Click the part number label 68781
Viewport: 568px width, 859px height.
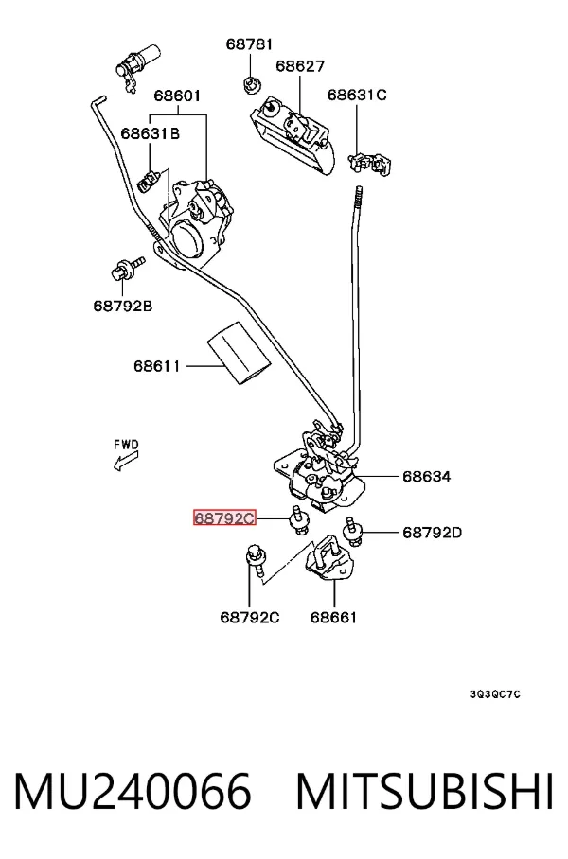[x=249, y=44]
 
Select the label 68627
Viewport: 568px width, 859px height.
[x=300, y=65]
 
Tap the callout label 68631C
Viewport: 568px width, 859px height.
[x=356, y=95]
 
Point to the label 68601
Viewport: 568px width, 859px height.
[x=177, y=96]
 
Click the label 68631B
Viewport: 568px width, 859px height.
[x=151, y=133]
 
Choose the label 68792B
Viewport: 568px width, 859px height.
[x=123, y=306]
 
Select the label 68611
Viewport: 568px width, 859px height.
[x=157, y=365]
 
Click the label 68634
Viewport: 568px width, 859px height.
[x=427, y=476]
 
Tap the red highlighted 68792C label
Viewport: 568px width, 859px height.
[x=224, y=517]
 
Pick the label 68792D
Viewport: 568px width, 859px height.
[x=432, y=532]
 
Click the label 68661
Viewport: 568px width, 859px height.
[x=333, y=617]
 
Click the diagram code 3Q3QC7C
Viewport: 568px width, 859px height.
[x=495, y=694]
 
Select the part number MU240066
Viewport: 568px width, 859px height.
[x=133, y=791]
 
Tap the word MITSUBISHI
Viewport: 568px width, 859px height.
[x=424, y=791]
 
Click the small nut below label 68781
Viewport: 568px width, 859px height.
[x=252, y=85]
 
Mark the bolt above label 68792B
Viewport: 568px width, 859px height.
[x=128, y=269]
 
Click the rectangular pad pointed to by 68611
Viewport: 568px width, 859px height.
[x=239, y=354]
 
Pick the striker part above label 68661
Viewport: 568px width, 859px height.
[x=330, y=558]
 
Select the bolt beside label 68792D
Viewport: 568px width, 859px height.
[x=352, y=531]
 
